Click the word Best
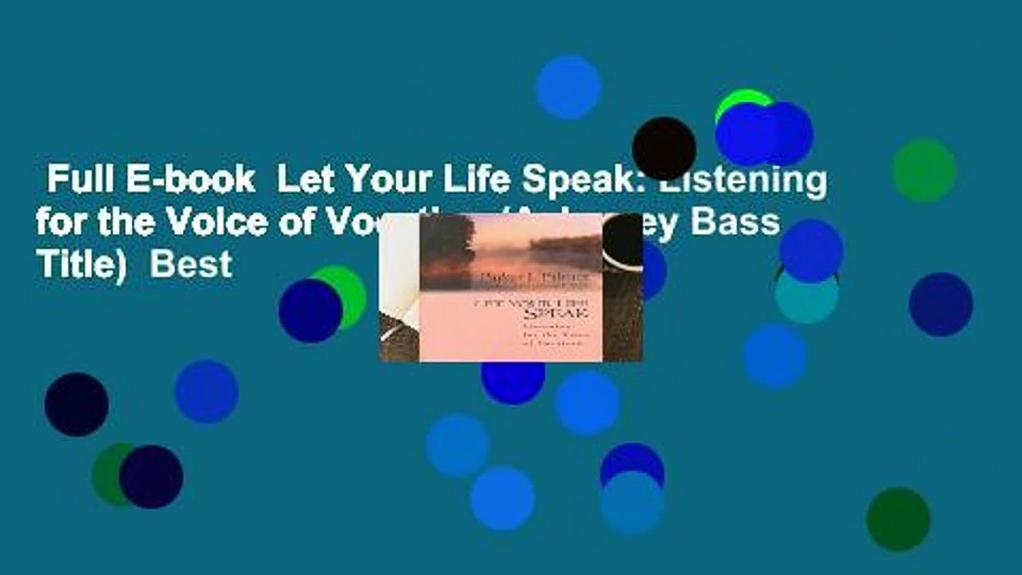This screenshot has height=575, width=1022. (191, 263)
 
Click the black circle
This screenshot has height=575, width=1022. (664, 149)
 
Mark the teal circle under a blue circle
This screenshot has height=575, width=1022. (807, 297)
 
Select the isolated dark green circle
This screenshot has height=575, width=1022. (898, 519)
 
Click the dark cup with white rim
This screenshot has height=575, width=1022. (623, 243)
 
